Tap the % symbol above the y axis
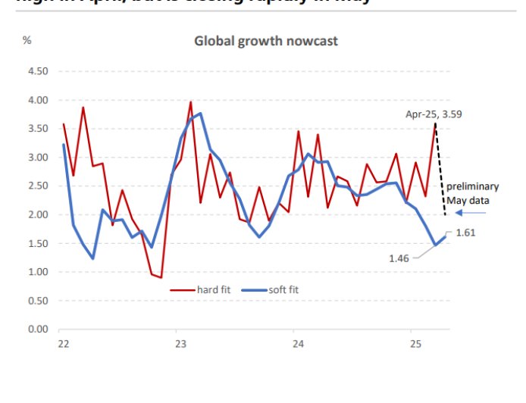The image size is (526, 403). [x=27, y=40]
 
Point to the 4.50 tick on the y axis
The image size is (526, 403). [x=37, y=71]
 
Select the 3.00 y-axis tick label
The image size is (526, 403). [x=37, y=158]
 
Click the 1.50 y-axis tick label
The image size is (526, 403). [x=37, y=243]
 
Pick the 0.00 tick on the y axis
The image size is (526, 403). [x=37, y=330]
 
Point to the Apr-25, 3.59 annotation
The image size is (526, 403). [x=434, y=114]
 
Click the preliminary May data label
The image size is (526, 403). [x=472, y=193]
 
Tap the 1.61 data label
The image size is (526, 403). [x=465, y=233]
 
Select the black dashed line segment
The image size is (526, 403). [x=440, y=170]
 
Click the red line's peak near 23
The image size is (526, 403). [x=190, y=102]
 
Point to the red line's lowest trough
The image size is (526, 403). [x=161, y=277]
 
